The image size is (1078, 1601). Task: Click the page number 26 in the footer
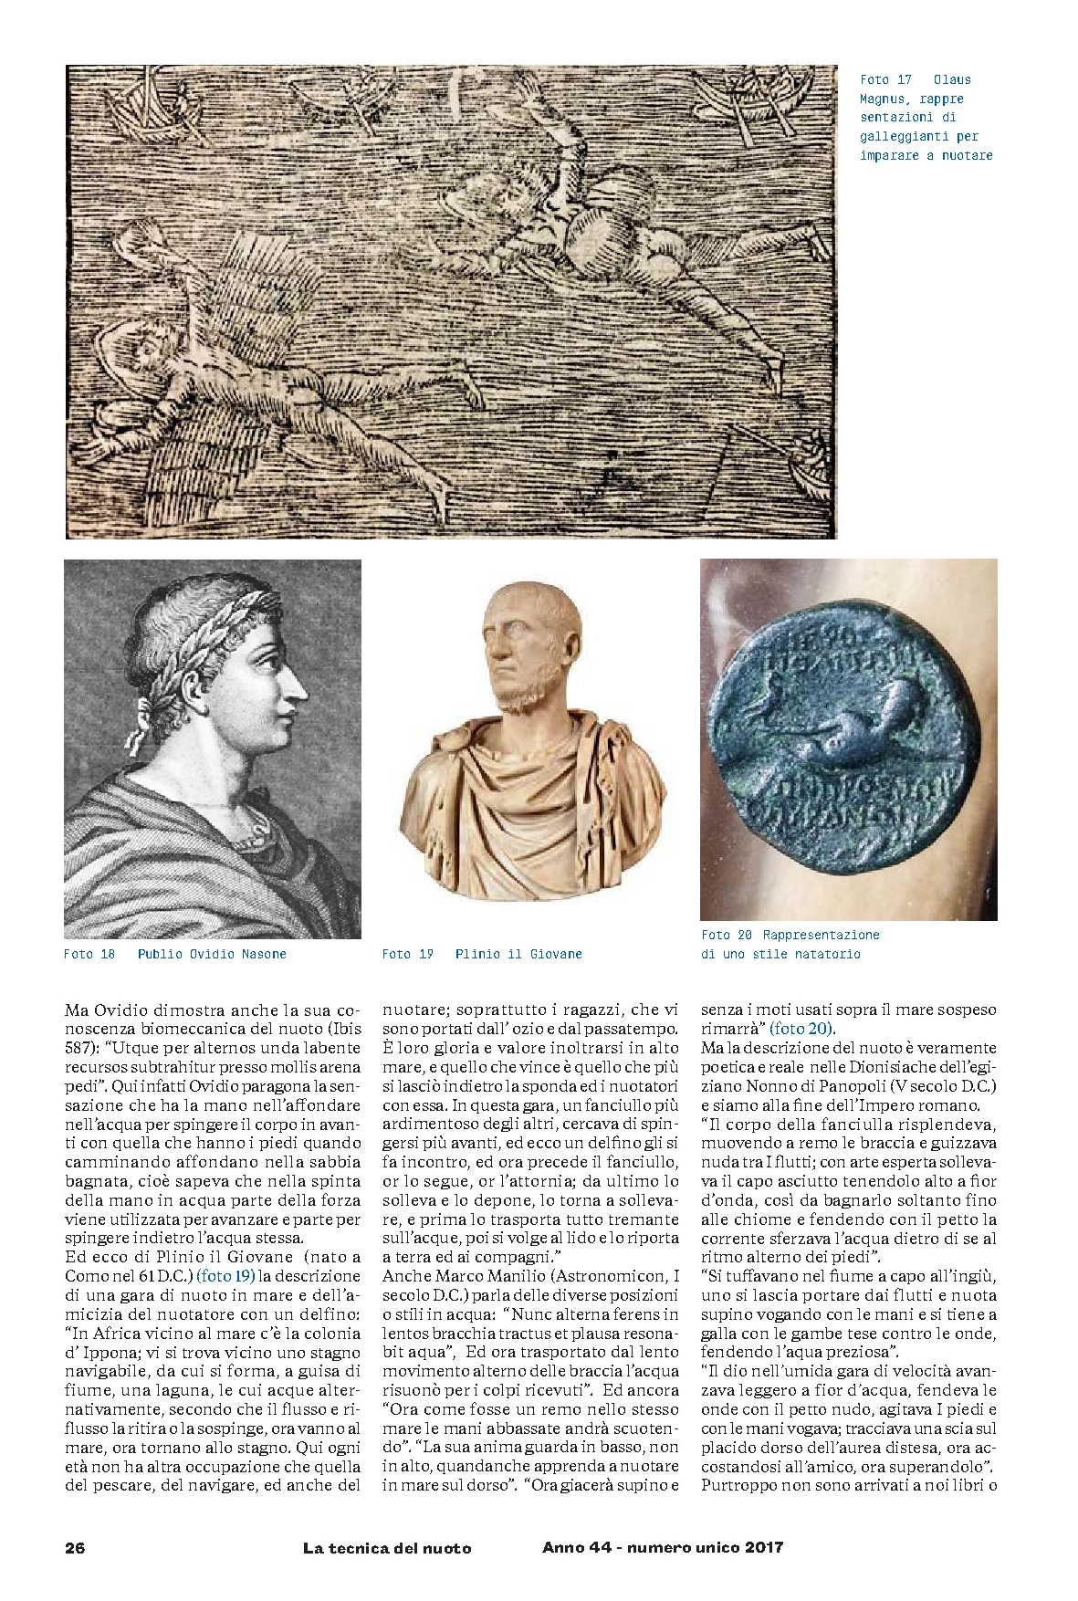75,1547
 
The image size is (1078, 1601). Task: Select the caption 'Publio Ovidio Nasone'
212,954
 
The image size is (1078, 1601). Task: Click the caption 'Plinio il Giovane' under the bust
518,954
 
